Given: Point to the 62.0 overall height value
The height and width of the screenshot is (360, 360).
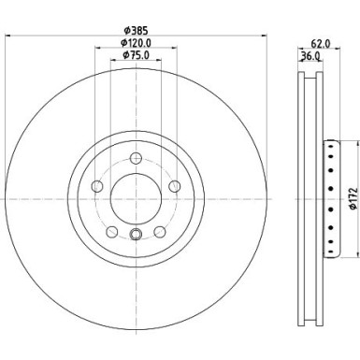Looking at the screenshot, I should (318, 42).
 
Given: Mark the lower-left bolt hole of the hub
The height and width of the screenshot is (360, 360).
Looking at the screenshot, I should (112, 231).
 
